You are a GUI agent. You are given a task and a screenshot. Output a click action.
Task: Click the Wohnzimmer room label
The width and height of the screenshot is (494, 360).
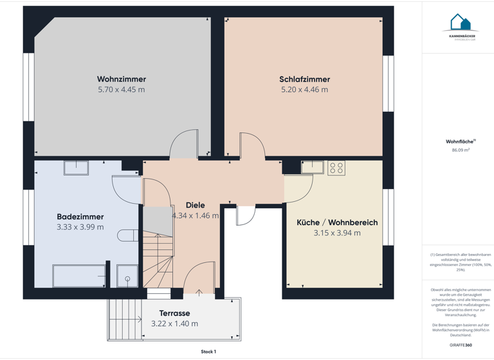point(121,79)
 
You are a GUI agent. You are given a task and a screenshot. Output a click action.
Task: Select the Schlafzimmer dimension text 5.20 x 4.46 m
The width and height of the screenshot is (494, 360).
point(304,90)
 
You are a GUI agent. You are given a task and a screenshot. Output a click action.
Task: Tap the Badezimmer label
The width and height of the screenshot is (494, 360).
point(80,217)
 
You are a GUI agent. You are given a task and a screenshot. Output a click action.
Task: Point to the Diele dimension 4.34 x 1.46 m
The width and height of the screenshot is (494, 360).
point(195,216)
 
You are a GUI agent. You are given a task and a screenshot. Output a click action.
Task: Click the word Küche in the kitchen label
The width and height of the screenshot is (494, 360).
point(308,222)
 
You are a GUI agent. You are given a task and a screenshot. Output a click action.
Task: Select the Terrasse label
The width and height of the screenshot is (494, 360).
point(174,314)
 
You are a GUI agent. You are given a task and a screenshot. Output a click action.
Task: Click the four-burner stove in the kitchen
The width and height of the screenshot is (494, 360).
point(336,168)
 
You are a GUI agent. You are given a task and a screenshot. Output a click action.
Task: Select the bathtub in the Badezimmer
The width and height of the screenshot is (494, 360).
point(78,276)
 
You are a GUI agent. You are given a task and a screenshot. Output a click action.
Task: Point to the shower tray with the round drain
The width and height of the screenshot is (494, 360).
point(127,276)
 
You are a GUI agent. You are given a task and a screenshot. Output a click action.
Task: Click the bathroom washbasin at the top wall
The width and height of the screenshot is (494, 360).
point(76,168)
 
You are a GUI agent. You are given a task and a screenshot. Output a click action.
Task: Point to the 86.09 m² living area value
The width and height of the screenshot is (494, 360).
point(461,150)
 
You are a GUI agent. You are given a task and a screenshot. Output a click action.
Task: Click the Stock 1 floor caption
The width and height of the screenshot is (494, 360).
point(208,352)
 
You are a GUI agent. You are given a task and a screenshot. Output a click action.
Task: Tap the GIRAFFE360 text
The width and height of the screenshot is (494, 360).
point(460,345)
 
